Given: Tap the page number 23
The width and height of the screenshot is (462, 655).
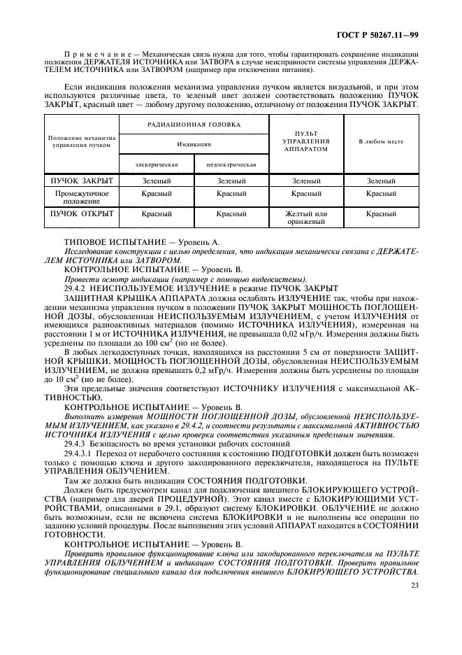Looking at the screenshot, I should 414,586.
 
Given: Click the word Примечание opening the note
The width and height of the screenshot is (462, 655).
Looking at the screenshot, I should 90,54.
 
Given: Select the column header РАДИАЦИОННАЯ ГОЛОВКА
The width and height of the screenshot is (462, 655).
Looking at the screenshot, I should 193,125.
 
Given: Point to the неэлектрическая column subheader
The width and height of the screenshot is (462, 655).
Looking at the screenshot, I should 231,164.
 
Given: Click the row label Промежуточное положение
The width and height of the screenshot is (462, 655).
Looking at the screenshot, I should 81,197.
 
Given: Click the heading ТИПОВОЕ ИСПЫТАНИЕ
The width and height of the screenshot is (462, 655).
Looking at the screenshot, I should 103,241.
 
